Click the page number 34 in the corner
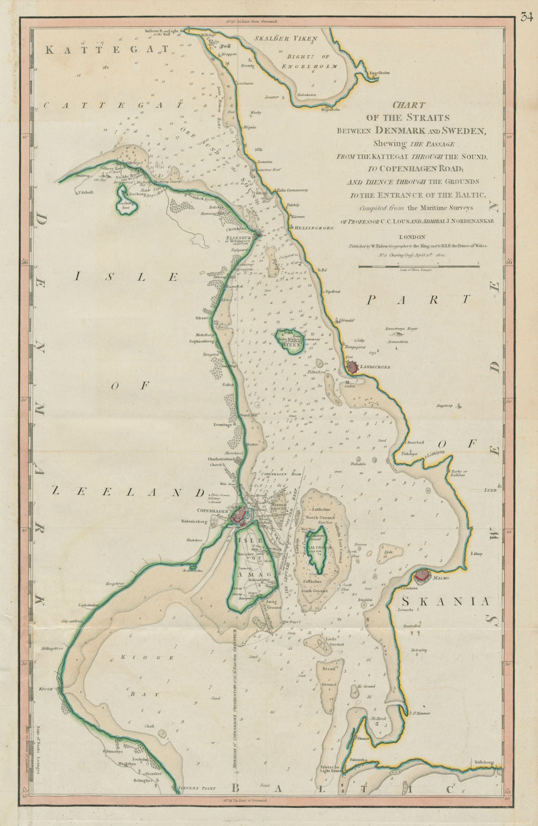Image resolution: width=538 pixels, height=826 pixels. [526, 18]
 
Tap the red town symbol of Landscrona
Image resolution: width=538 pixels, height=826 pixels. [353, 368]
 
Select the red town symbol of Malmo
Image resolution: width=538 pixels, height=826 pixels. [422, 575]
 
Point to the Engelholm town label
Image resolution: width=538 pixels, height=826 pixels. [379, 73]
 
